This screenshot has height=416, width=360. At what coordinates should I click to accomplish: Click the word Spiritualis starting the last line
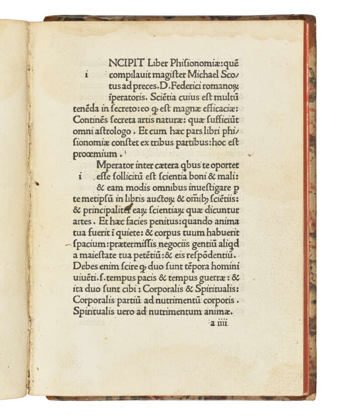pos(95,313)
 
